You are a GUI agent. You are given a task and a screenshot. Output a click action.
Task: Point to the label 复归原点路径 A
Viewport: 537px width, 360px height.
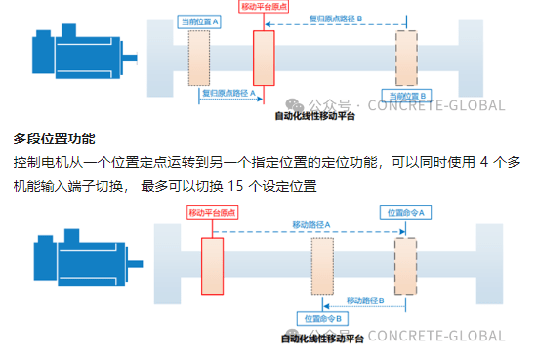(228, 93)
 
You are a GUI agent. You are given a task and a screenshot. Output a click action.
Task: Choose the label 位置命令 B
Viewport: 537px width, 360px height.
(321, 318)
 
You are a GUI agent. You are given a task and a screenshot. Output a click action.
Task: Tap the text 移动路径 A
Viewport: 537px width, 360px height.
(311, 224)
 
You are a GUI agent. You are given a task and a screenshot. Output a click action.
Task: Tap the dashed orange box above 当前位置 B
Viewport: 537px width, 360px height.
(407, 58)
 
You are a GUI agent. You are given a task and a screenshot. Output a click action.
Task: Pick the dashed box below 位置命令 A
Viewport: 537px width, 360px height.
(403, 263)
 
